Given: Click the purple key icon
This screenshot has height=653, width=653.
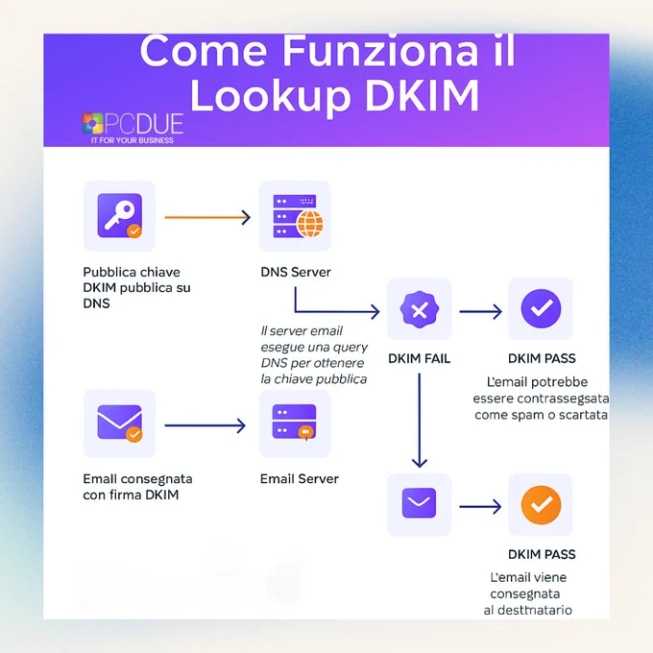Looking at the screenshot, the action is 119,216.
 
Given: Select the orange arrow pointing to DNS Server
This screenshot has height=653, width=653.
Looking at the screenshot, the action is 207,217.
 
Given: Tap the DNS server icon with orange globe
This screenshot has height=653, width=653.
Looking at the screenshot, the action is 298,216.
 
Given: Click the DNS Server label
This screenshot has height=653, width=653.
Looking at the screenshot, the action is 296,272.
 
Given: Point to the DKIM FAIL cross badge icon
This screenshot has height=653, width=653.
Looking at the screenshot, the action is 420,310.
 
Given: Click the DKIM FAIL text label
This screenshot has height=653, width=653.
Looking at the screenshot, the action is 419,358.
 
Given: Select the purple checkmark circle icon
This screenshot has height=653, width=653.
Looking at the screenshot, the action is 541,308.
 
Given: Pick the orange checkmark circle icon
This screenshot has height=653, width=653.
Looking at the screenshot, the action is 541,505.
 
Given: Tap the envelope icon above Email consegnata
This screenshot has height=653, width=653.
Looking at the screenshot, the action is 119,423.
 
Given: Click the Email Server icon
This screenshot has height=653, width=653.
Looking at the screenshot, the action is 295,422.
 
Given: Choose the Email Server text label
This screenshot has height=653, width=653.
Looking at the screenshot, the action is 299,479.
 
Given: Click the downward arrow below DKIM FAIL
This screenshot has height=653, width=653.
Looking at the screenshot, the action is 420,421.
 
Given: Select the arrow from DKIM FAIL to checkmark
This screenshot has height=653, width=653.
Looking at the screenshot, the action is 480,311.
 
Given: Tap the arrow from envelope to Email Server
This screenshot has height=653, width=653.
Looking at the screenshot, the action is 205,425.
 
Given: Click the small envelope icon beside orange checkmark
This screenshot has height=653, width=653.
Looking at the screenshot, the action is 419,502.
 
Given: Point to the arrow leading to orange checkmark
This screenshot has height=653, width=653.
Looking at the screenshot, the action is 480,507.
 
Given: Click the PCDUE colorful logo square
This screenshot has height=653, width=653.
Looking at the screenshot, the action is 92,123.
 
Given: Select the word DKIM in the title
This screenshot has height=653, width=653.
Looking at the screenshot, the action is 423,95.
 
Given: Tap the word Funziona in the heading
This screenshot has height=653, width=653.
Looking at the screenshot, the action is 380,51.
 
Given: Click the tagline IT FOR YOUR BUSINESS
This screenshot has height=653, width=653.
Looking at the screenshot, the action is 133,140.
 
